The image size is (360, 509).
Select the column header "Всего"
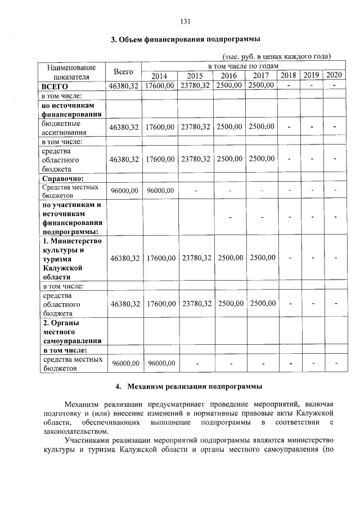(x=123, y=71)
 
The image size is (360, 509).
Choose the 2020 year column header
(x=334, y=75)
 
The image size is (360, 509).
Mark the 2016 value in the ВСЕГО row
(x=229, y=85)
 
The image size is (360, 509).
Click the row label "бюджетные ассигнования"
(x=61, y=127)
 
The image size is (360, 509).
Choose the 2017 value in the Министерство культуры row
(x=262, y=258)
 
